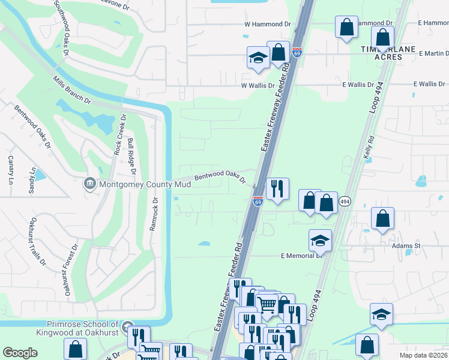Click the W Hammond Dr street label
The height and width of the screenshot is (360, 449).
pos(267,24)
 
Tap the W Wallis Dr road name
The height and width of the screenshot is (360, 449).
pos(258,86)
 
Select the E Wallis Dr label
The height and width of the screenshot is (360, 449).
pos(358,85)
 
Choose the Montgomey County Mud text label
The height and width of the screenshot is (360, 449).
pos(145,184)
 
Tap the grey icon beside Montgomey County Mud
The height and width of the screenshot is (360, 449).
pos(90,183)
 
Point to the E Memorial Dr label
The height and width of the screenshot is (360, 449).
pos(302,256)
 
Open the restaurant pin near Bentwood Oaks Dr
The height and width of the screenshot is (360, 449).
pos(277,188)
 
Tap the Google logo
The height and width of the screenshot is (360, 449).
pos(20,353)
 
